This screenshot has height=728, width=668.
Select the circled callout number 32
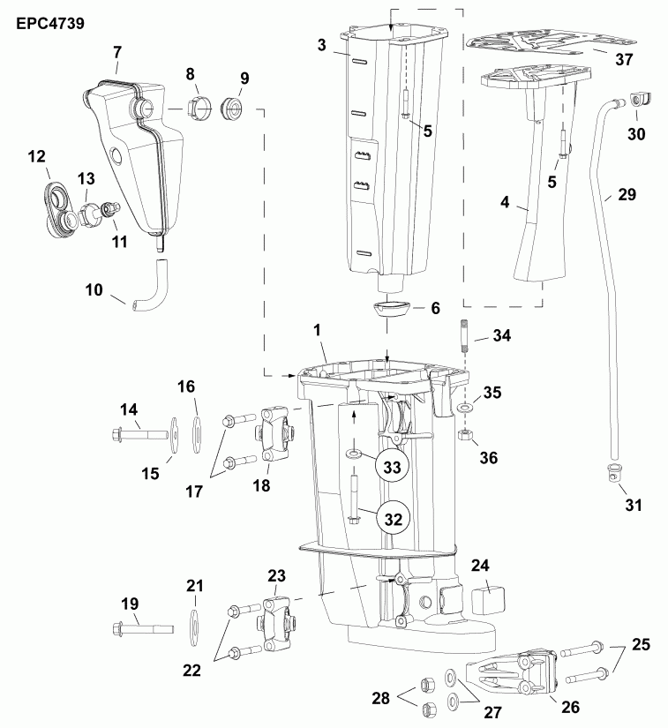(394, 518)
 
